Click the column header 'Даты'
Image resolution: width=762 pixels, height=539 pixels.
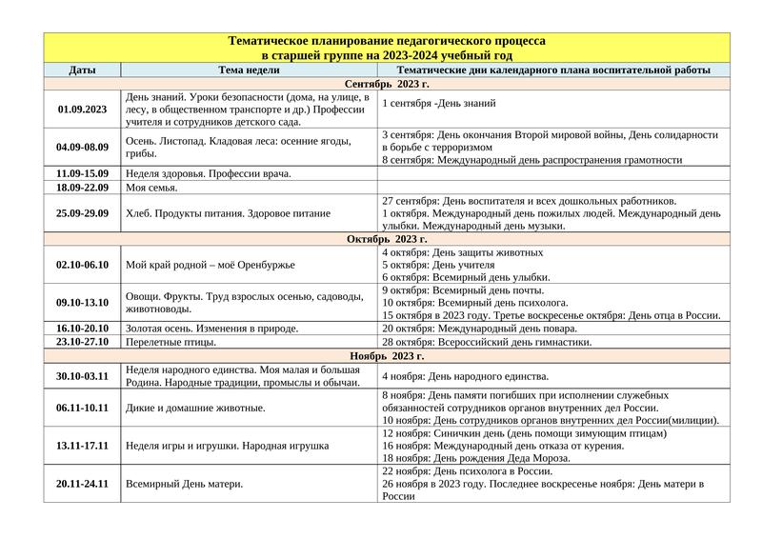[82, 70]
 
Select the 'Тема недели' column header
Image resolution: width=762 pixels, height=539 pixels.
[249, 70]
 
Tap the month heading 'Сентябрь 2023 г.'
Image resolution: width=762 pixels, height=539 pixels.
[386, 84]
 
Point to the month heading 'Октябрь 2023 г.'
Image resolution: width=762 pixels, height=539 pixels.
[386, 239]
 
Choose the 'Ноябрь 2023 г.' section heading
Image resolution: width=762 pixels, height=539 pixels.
[386, 355]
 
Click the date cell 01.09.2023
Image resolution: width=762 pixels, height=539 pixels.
[82, 110]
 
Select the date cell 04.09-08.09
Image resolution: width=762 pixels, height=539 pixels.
[82, 148]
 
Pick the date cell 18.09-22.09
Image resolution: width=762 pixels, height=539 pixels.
[82, 188]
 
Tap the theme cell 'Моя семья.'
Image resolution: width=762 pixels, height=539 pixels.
[151, 188]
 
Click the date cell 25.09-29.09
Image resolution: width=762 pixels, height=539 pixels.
[82, 213]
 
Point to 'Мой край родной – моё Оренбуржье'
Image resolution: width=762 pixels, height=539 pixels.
[211, 265]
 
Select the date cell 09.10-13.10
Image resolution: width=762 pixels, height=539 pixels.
[82, 302]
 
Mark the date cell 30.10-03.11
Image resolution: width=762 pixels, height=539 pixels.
[82, 376]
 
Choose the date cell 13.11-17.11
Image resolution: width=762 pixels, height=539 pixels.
[82, 446]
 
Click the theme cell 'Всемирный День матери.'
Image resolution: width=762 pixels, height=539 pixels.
[184, 484]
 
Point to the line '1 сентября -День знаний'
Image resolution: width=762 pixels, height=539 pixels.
[439, 103]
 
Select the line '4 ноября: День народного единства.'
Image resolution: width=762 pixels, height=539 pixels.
[465, 377]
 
